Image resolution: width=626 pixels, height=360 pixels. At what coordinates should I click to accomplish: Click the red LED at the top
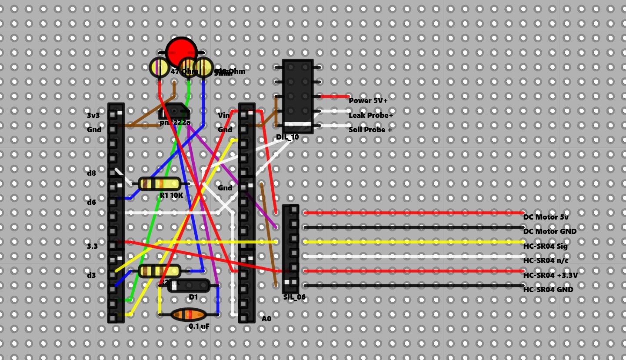pyautogui.click(x=181, y=52)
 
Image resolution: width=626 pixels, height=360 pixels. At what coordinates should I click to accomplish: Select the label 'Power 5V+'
pyautogui.click(x=368, y=100)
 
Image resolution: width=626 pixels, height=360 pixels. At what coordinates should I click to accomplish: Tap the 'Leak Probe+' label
pyautogui.click(x=370, y=115)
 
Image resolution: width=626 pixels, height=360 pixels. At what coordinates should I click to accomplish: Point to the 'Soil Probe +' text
pyautogui.click(x=370, y=130)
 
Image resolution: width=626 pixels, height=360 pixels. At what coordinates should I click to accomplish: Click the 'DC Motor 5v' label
pyautogui.click(x=546, y=217)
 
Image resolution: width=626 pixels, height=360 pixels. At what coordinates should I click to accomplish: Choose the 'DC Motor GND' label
pyautogui.click(x=549, y=231)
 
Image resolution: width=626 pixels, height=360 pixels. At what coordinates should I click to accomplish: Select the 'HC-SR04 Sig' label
pyautogui.click(x=545, y=246)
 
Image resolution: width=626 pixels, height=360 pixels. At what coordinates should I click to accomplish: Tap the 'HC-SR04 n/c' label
pyautogui.click(x=546, y=260)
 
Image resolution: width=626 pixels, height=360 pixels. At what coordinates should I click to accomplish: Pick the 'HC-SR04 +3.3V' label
pyautogui.click(x=550, y=275)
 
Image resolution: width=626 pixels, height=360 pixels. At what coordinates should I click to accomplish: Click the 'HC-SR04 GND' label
pyautogui.click(x=548, y=290)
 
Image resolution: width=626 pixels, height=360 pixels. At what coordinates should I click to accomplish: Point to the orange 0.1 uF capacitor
pyautogui.click(x=188, y=314)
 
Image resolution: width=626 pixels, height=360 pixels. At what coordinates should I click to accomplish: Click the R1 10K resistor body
pyautogui.click(x=160, y=184)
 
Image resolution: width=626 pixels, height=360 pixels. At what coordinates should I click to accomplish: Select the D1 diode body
pyautogui.click(x=189, y=286)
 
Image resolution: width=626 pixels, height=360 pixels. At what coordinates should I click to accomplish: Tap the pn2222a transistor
pyautogui.click(x=174, y=112)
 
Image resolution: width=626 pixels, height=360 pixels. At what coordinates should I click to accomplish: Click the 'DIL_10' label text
pyautogui.click(x=287, y=137)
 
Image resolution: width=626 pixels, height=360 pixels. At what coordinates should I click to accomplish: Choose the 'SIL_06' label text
pyautogui.click(x=294, y=297)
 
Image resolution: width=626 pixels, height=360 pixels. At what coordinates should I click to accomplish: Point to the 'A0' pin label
pyautogui.click(x=266, y=319)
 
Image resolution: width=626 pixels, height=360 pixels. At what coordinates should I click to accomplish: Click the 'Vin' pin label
pyautogui.click(x=223, y=115)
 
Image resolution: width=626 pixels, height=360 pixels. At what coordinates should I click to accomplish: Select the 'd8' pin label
pyautogui.click(x=91, y=173)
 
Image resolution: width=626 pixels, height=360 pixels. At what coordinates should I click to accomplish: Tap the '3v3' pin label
pyautogui.click(x=93, y=115)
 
